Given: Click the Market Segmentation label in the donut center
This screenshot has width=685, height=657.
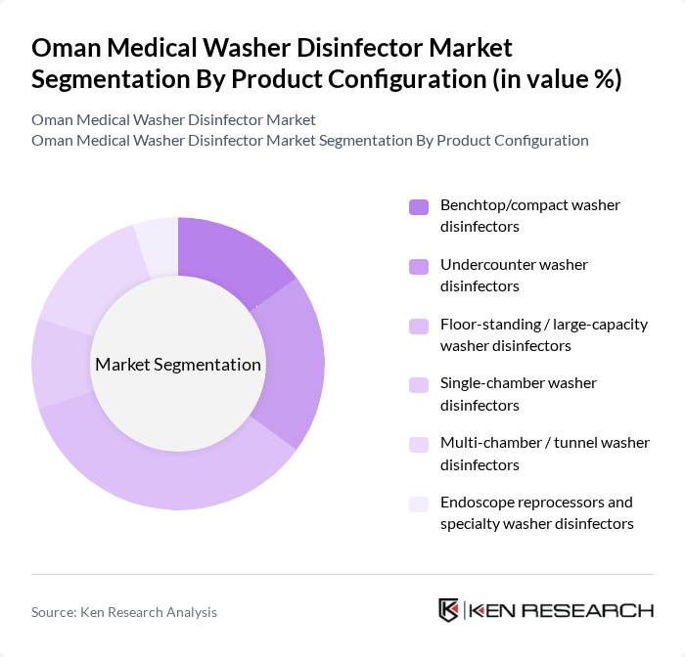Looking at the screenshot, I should [x=178, y=365].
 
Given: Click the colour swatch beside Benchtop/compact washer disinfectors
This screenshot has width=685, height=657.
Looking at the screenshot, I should [x=419, y=206].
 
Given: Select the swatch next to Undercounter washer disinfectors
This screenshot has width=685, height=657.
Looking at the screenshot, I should [x=419, y=266].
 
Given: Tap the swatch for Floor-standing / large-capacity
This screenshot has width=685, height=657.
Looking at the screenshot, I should [x=419, y=325].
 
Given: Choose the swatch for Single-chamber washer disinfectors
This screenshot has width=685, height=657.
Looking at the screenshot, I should [x=419, y=384].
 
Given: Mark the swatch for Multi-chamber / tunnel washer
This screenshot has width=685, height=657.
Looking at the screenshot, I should [x=419, y=444].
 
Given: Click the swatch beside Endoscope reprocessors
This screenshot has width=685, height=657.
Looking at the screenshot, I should [x=419, y=504].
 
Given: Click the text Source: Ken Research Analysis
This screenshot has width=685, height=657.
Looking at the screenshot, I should [x=124, y=612].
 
